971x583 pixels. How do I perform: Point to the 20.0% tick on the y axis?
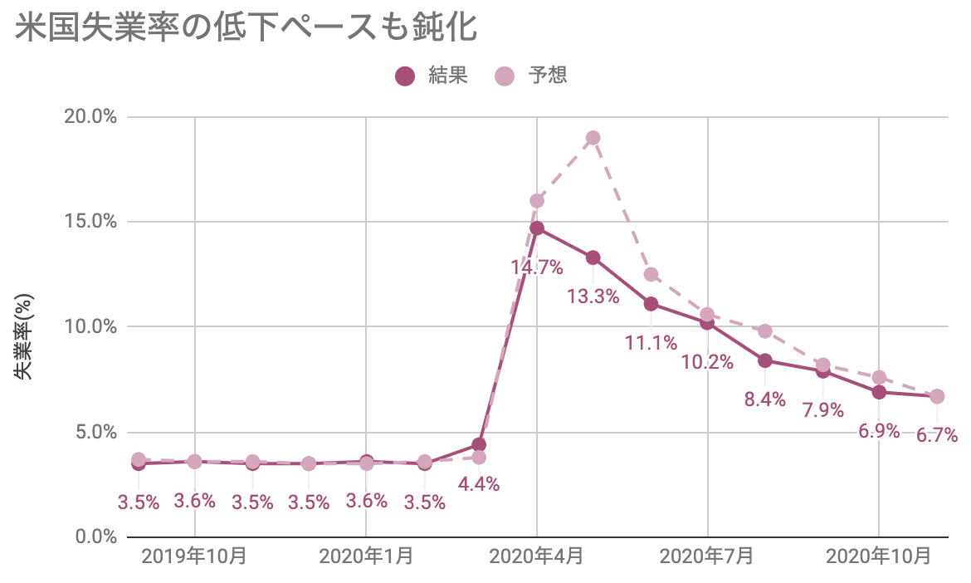coord(90,116)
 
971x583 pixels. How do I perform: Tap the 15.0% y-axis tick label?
coord(90,222)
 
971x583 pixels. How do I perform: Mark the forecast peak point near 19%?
coord(593,138)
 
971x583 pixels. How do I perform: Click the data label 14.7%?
coord(537,267)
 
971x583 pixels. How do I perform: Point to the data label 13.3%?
coord(593,296)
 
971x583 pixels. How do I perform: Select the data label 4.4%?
coord(479,484)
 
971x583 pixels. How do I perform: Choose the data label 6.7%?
coord(937,435)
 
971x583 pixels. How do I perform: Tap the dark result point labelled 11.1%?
coord(651,304)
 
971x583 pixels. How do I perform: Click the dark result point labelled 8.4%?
coord(765,360)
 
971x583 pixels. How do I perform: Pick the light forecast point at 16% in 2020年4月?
coord(537,200)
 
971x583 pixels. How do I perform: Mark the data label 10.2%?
coord(708,362)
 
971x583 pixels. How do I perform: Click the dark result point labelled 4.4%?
coord(479,444)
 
